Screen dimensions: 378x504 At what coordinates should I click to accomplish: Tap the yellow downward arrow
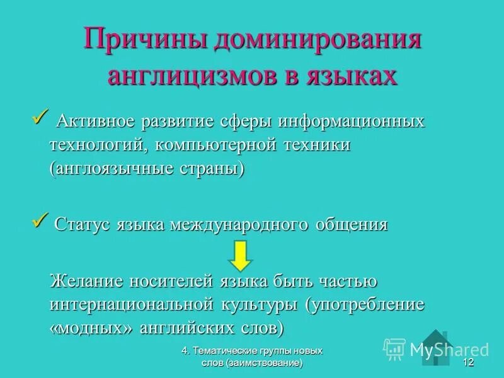point(240,256)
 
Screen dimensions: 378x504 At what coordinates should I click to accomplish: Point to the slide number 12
point(467,363)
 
